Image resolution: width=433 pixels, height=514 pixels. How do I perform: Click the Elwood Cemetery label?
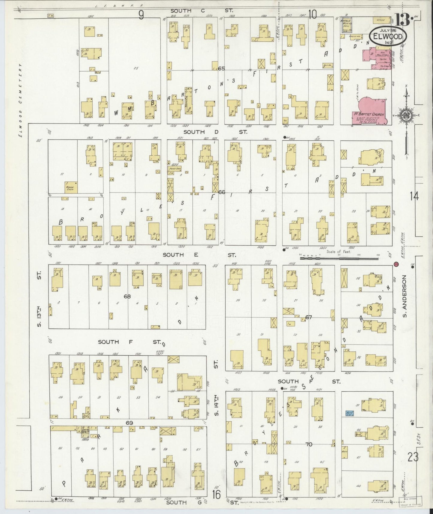[x=21, y=100]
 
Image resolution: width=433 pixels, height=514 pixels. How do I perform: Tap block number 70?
[x=308, y=444]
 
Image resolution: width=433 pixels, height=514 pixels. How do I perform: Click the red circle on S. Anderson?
[x=396, y=264]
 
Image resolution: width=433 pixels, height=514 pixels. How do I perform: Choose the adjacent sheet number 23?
[x=413, y=458]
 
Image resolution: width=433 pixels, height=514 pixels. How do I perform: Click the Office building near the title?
[x=379, y=20]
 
